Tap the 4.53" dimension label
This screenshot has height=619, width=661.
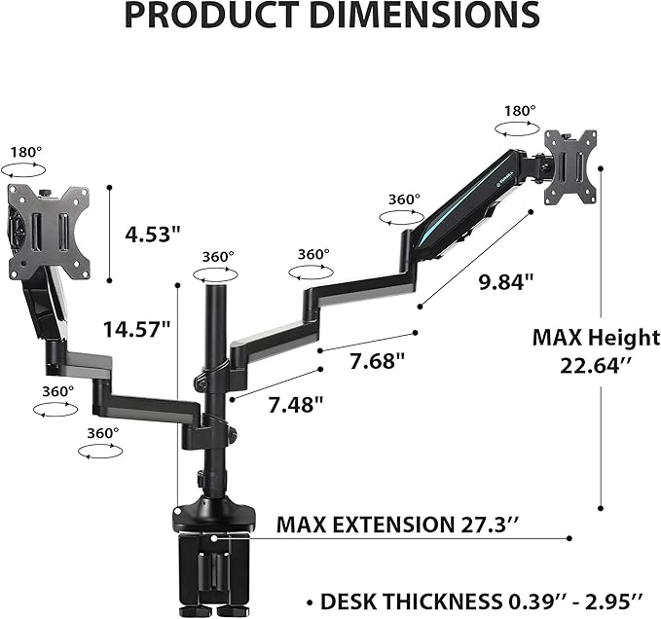(x=154, y=235)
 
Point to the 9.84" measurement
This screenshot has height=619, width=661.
(x=506, y=282)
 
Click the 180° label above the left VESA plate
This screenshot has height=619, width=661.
(x=26, y=153)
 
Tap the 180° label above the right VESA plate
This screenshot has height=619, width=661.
(x=520, y=111)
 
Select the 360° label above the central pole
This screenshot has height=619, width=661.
(x=218, y=257)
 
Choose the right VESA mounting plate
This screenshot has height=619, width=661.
(x=568, y=168)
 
